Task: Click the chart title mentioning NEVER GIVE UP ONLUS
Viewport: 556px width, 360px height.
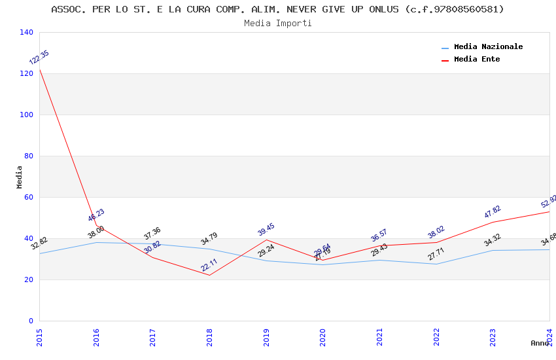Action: [x=277, y=9]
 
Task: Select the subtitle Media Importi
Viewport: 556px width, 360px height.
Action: [x=277, y=23]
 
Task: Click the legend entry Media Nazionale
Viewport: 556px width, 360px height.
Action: [x=488, y=46]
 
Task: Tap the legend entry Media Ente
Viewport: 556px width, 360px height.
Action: [x=476, y=59]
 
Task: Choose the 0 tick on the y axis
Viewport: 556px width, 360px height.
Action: [x=30, y=321]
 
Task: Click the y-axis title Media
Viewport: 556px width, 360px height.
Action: [x=19, y=177]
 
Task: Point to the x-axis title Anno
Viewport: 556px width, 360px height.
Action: [x=540, y=343]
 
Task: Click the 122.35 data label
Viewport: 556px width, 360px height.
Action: [x=39, y=58]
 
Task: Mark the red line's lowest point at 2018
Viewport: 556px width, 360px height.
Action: [x=209, y=275]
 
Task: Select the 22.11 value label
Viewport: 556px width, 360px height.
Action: [x=209, y=264]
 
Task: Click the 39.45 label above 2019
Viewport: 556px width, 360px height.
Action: [x=266, y=229]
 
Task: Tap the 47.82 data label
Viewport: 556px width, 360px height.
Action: [x=493, y=211]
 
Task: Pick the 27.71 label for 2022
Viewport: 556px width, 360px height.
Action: [x=436, y=254]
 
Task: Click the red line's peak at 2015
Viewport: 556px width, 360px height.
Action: [x=39, y=69]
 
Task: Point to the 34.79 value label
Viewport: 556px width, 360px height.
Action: [x=209, y=239]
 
